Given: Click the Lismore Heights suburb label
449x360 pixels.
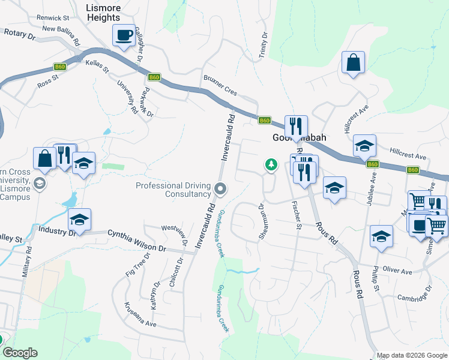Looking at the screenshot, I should click(x=103, y=13).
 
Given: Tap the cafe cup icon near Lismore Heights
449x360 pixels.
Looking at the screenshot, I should click(x=124, y=35).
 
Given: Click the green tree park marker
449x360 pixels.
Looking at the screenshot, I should click(x=271, y=164).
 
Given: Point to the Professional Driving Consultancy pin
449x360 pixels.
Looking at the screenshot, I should click(x=220, y=190).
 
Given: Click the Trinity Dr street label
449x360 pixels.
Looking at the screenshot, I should click(x=262, y=46).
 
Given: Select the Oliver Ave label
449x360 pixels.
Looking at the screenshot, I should click(x=397, y=271).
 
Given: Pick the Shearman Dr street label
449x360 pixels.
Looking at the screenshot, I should click(x=262, y=223).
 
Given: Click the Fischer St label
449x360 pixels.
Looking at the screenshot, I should click(x=297, y=215).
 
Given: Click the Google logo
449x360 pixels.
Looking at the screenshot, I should click(x=20, y=353).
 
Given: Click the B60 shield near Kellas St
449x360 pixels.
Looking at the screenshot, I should click(x=59, y=67).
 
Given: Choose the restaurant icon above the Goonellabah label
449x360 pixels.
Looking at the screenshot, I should click(x=296, y=126).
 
